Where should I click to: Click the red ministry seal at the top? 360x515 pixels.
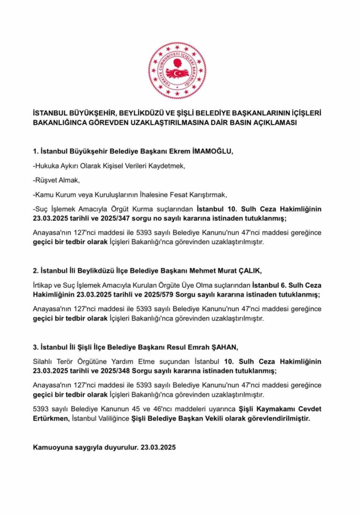[177, 71]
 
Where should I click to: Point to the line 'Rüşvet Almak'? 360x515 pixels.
[56, 180]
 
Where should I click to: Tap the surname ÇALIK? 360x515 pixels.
[248, 271]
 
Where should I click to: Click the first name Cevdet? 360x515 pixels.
[310, 409]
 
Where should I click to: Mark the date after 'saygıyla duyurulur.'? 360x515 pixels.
[158, 447]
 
